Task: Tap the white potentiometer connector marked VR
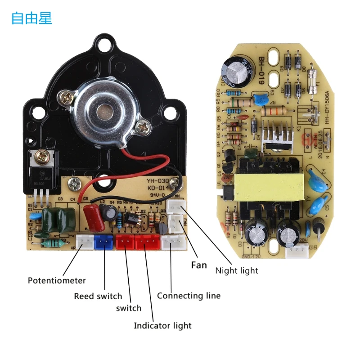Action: click(x=84, y=243)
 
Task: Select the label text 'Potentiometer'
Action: click(x=57, y=280)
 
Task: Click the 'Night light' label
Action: click(x=237, y=270)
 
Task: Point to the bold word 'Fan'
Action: click(x=199, y=265)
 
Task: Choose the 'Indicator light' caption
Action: click(x=162, y=325)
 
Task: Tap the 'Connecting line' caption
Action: click(x=189, y=296)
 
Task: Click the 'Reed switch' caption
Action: click(x=98, y=296)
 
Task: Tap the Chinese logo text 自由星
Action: click(x=31, y=18)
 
